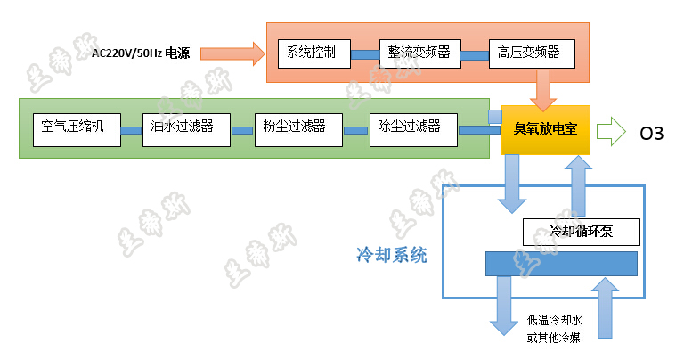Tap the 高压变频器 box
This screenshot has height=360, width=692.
(x=530, y=53)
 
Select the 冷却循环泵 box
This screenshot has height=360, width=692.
(x=582, y=233)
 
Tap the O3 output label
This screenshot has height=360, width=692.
(x=652, y=133)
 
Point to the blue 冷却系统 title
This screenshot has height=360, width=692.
(x=392, y=256)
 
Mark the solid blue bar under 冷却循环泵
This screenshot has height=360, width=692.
(x=561, y=264)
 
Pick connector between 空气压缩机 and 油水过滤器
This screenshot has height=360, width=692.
(x=131, y=131)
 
